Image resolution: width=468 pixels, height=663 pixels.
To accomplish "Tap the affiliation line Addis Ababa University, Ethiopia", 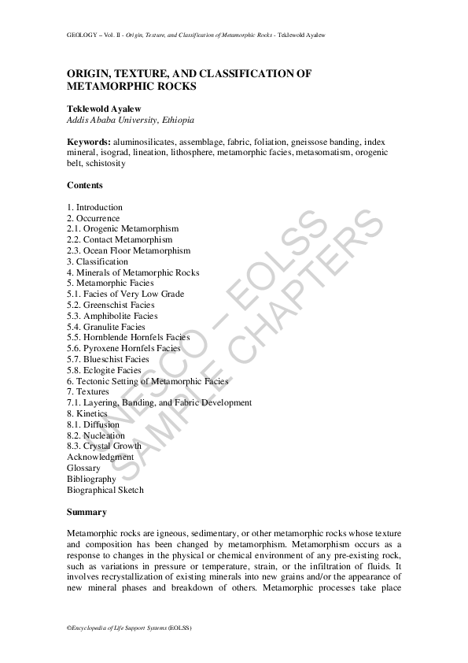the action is point(130,120).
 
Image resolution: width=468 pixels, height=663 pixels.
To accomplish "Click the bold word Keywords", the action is point(89,142).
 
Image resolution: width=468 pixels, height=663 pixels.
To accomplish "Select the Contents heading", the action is point(85,185).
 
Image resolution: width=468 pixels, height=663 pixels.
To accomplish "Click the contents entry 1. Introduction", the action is point(94,207).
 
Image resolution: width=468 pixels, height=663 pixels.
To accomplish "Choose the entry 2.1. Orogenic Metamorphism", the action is point(123,228).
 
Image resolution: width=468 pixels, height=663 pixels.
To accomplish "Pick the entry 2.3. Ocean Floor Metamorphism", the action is point(128,250).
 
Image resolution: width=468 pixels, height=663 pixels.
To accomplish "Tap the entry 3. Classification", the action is point(98,261).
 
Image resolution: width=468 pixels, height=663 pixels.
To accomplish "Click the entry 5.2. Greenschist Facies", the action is point(110,305).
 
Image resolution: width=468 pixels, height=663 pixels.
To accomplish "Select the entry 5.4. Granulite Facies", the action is point(106,327).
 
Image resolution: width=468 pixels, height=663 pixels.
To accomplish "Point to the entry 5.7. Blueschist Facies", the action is point(108,359).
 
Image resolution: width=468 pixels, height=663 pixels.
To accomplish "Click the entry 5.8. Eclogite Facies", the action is point(105,370).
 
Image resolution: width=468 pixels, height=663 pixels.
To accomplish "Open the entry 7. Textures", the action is point(88,391).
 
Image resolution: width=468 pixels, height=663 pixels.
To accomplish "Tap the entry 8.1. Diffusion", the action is point(94,424).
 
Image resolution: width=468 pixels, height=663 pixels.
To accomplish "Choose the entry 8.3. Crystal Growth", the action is point(105,446).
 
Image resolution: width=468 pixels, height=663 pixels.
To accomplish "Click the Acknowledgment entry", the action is point(101,457).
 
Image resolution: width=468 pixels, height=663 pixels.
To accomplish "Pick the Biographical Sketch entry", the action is point(105,490).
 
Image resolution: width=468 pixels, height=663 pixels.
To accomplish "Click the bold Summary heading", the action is point(87,512).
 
